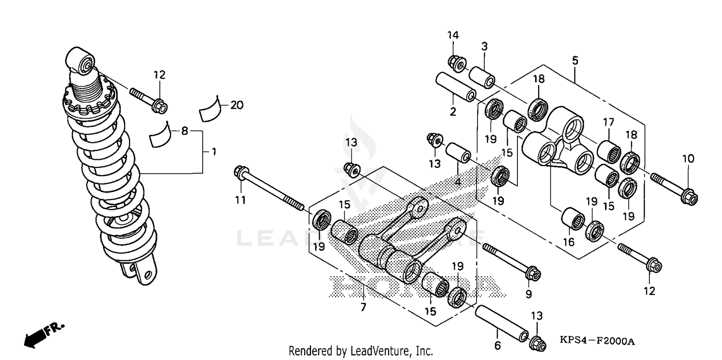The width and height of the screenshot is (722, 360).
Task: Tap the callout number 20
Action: tap(237, 105)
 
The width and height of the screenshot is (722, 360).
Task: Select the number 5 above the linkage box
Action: tap(575, 61)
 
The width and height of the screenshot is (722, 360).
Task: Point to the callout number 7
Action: tap(363, 307)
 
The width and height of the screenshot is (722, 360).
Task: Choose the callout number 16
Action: tap(569, 242)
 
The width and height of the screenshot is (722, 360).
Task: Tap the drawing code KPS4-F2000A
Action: tap(597, 342)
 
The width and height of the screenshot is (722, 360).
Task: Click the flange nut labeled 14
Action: tap(455, 63)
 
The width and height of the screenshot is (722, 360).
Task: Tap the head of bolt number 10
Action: tap(686, 197)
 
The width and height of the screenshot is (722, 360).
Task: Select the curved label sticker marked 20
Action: tap(210, 110)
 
